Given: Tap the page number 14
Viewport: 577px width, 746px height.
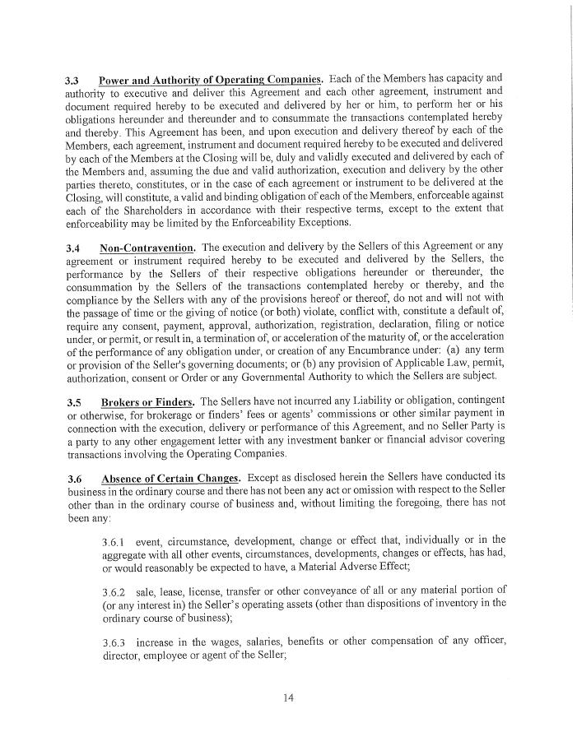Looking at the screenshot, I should click(x=288, y=698).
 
